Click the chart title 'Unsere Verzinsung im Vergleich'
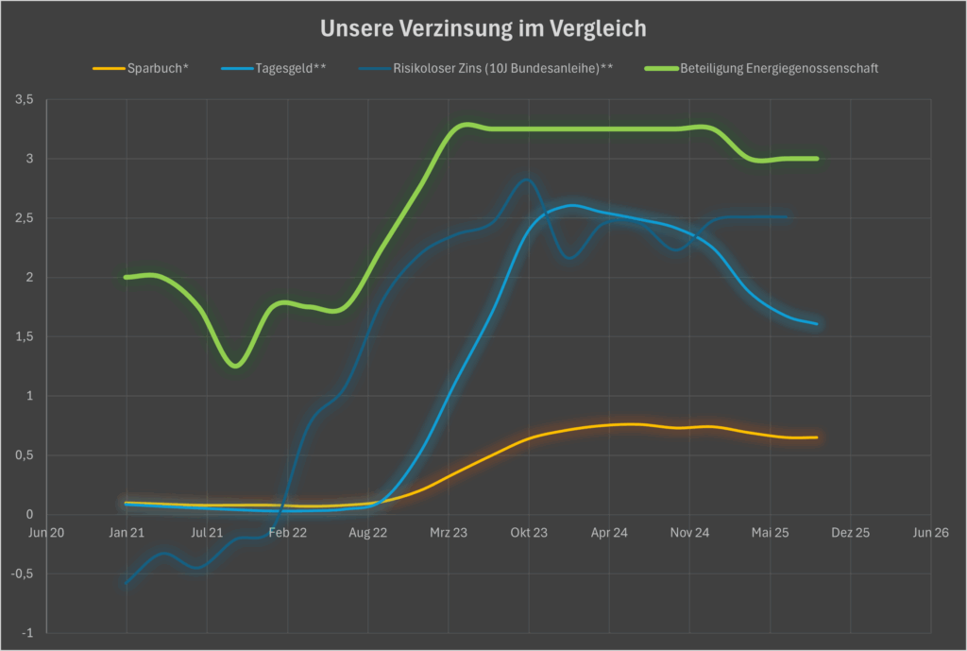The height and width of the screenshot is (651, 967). coord(483,28)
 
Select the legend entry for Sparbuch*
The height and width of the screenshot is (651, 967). coord(157,69)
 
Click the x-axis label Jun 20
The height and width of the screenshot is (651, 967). coord(47,533)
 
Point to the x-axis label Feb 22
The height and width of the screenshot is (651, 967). coord(288,533)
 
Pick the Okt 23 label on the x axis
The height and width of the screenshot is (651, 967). coord(529,533)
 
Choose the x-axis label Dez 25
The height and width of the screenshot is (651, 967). coord(851,533)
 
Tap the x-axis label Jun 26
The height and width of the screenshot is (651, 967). coord(931,533)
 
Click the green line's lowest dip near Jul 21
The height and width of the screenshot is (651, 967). coord(236,366)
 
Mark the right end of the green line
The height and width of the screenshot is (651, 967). coord(817,159)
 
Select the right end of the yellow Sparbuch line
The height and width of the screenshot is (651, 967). coord(817,437)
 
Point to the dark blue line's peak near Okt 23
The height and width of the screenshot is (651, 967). coord(526,180)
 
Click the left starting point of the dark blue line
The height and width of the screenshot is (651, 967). coord(127,583)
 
